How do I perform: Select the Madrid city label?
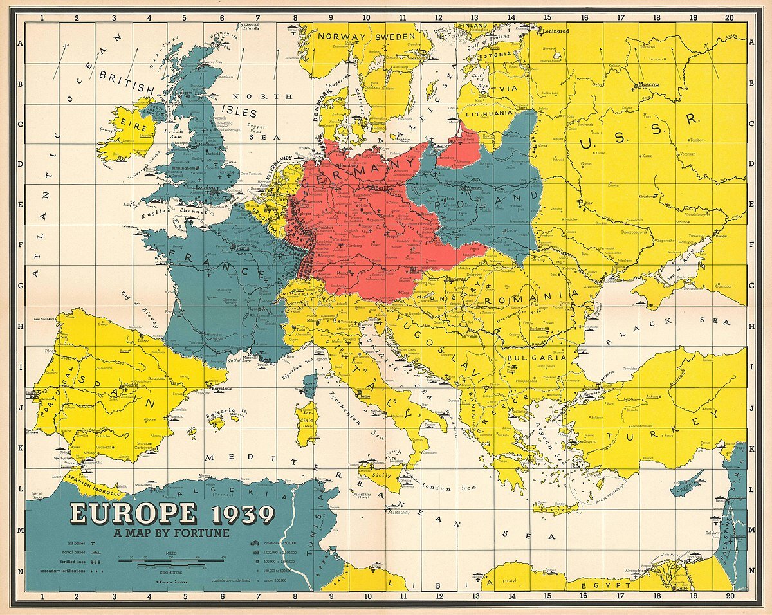131,384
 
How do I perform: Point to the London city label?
207,188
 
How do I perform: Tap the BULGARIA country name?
536,358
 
